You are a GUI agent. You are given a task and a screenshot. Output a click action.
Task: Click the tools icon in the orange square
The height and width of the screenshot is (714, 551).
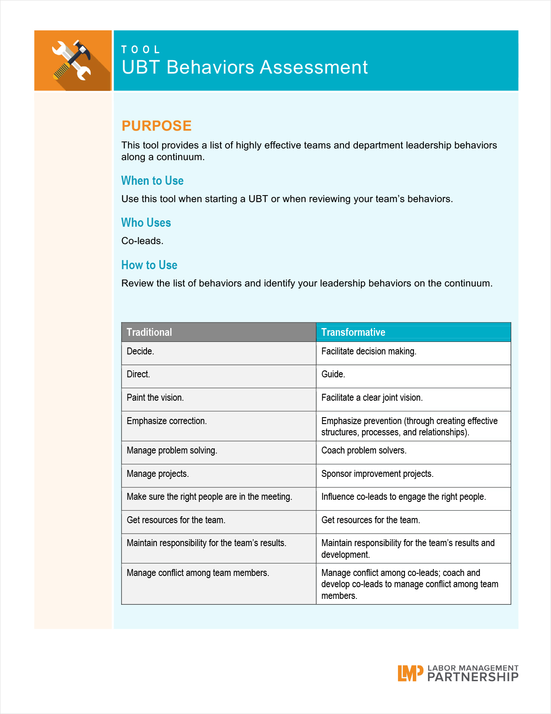click(x=72, y=61)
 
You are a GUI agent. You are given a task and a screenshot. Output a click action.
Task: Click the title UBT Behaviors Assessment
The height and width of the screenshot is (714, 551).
click(x=245, y=68)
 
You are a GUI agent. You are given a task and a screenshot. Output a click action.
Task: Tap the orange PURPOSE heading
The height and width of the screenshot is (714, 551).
click(x=156, y=125)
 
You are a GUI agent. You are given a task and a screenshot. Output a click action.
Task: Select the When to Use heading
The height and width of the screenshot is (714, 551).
click(x=152, y=180)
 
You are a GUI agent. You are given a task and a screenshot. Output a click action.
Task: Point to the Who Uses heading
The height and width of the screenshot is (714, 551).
click(x=146, y=222)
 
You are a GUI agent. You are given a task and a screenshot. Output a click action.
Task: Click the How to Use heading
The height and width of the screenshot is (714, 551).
click(x=149, y=265)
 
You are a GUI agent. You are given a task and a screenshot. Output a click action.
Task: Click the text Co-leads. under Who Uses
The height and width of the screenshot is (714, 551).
click(x=142, y=241)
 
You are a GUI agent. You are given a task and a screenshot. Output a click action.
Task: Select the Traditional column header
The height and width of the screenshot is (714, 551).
click(x=149, y=332)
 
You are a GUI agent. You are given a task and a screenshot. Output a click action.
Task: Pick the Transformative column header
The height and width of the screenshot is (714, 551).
click(x=353, y=332)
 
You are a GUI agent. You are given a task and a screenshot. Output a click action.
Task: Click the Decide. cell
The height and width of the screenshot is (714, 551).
click(x=140, y=351)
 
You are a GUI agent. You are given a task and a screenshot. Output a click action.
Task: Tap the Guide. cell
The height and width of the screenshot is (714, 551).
click(x=333, y=374)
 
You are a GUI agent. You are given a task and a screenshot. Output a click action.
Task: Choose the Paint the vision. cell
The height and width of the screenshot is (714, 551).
click(x=155, y=398)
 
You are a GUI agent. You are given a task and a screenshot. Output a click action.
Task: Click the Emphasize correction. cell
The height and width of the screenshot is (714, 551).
click(x=167, y=421)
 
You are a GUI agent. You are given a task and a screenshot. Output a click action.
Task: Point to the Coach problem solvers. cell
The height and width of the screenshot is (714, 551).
click(x=364, y=450)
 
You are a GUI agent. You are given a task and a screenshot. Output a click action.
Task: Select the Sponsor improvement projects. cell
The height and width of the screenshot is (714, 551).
click(x=377, y=474)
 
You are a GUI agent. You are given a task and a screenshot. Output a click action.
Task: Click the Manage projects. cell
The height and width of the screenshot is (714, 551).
click(x=158, y=474)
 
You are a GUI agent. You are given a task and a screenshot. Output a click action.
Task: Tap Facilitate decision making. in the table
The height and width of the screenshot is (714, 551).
click(x=369, y=351)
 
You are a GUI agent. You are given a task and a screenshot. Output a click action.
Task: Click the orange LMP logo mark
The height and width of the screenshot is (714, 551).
click(x=410, y=673)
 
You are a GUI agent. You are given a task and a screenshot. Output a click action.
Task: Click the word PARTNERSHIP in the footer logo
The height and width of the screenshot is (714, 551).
click(x=473, y=677)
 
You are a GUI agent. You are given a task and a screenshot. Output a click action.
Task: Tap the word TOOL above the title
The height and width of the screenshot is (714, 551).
click(x=141, y=50)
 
